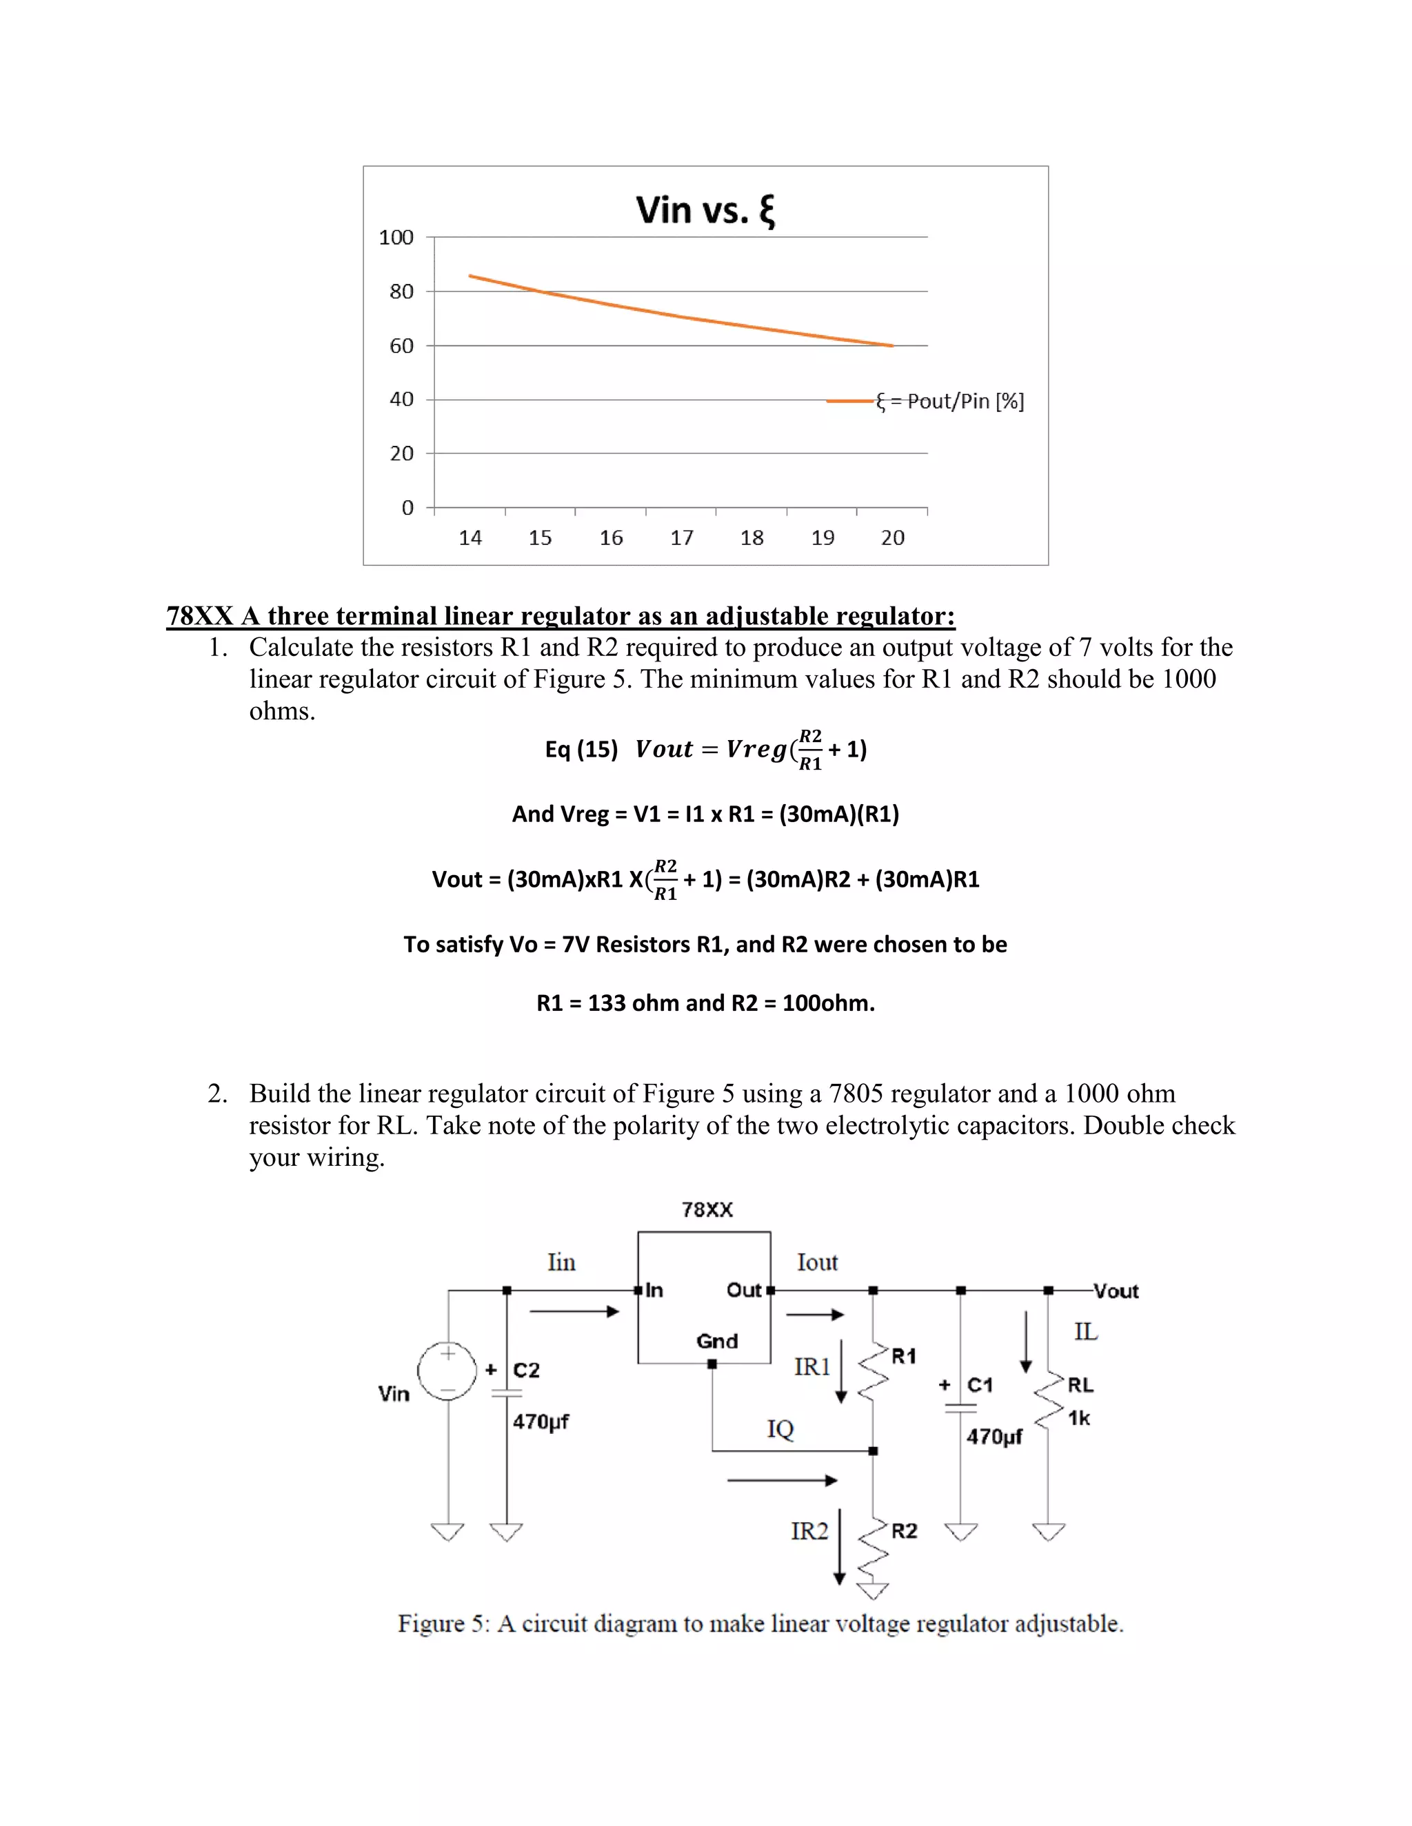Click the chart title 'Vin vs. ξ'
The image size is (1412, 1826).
(x=705, y=210)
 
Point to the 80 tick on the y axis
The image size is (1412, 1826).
(x=401, y=291)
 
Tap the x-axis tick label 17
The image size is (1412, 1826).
(x=682, y=537)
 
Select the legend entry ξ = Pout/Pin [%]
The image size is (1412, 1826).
(x=949, y=401)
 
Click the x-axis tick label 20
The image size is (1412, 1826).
(x=893, y=537)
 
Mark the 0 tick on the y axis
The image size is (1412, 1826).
(x=407, y=508)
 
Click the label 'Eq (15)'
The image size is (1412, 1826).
(x=581, y=749)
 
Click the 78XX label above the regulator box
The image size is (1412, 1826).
(x=707, y=1210)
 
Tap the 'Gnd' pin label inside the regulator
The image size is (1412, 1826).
(x=717, y=1341)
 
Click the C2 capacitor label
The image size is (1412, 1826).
(x=526, y=1371)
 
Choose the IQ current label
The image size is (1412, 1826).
(x=780, y=1429)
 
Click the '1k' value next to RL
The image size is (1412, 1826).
(x=1079, y=1418)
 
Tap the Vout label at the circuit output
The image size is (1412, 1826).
(x=1116, y=1292)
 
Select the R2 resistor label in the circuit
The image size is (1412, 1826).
(x=905, y=1531)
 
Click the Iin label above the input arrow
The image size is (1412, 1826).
(x=561, y=1262)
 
